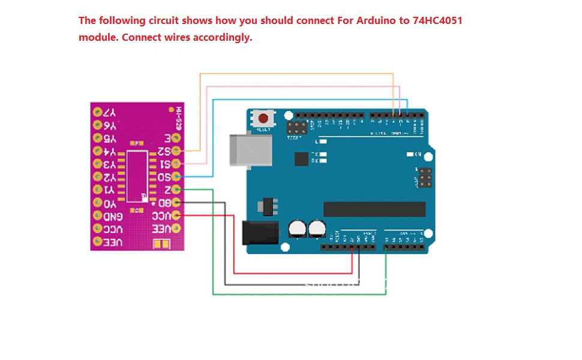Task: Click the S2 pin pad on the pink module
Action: pyautogui.click(x=176, y=151)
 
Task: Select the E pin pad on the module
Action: pyautogui.click(x=176, y=138)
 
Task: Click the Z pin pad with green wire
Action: pyautogui.click(x=176, y=190)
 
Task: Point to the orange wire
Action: pyautogui.click(x=300, y=74)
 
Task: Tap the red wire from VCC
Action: pyautogui.click(x=234, y=252)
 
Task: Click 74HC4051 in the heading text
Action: pyautogui.click(x=437, y=20)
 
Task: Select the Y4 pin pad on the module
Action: pyautogui.click(x=97, y=151)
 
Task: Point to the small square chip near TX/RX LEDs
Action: pyautogui.click(x=301, y=159)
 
